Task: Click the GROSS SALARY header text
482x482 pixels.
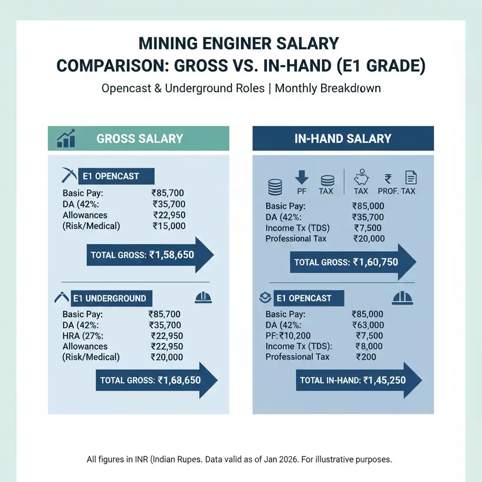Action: (x=139, y=138)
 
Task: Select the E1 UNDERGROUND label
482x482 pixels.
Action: (x=109, y=298)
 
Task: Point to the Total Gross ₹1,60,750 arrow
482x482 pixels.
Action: (x=352, y=262)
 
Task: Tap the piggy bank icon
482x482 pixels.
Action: (x=361, y=178)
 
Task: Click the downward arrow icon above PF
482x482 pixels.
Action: (x=301, y=177)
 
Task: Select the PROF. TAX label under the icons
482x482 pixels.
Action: (x=396, y=191)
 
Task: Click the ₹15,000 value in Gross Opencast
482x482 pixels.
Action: (x=169, y=226)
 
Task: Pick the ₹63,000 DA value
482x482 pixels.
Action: (x=368, y=325)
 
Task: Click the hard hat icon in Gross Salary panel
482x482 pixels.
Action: (x=203, y=298)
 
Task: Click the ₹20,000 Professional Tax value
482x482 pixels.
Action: (x=369, y=239)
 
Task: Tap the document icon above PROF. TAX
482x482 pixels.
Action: (x=410, y=177)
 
